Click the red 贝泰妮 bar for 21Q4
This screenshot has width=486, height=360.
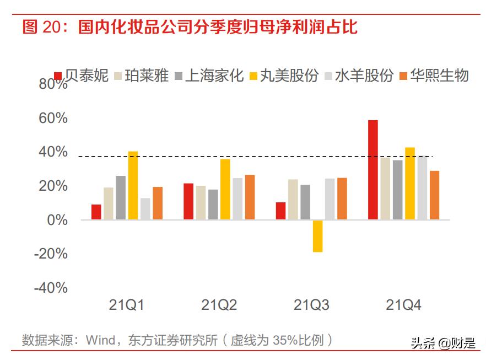click(x=373, y=170)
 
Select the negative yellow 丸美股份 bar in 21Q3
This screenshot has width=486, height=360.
click(x=317, y=236)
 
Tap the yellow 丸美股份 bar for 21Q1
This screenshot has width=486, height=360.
click(x=133, y=185)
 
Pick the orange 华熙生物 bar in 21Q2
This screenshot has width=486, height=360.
click(x=250, y=197)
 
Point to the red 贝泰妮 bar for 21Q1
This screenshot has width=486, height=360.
click(x=96, y=212)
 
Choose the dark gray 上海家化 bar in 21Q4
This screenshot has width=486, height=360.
click(x=397, y=190)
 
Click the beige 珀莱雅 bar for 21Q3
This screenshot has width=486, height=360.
click(x=293, y=200)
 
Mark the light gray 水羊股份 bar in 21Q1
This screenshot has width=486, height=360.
click(x=145, y=209)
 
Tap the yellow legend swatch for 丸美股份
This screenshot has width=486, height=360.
click(x=253, y=76)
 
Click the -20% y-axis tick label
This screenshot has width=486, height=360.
click(x=51, y=254)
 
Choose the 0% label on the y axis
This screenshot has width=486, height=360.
click(x=57, y=221)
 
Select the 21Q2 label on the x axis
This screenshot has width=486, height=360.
click(x=219, y=305)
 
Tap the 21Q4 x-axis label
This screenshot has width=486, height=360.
click(x=403, y=305)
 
